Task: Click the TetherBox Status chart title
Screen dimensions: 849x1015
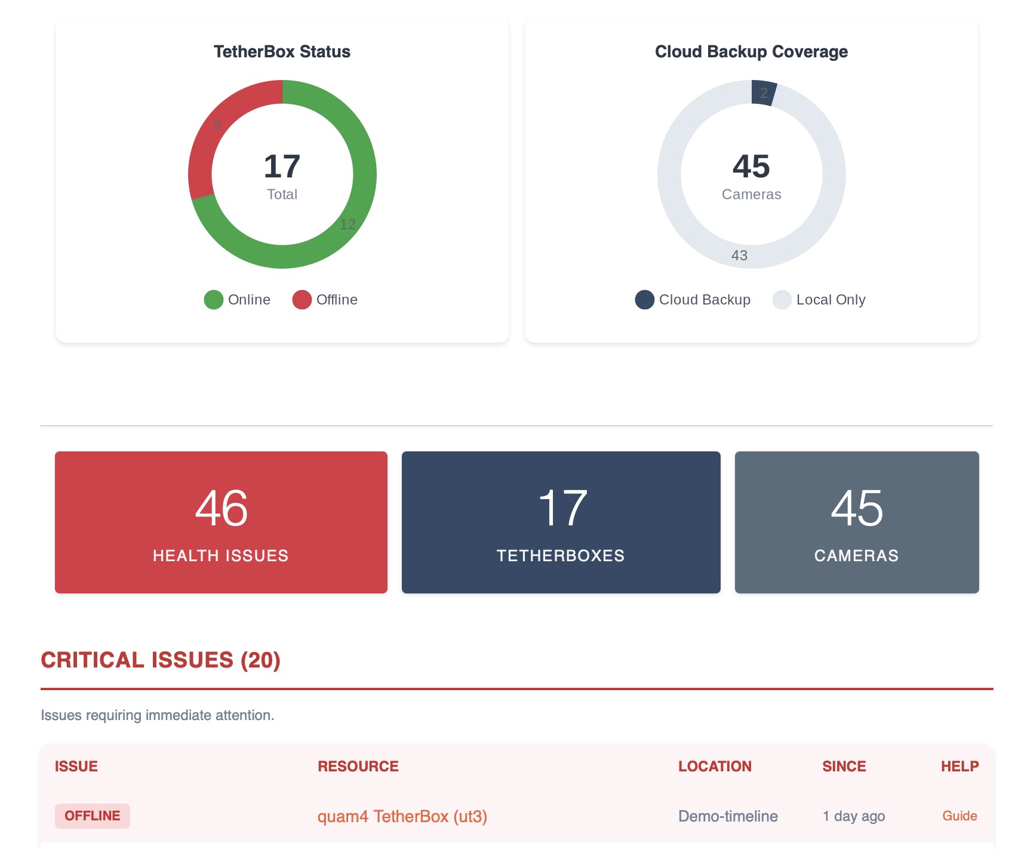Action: (282, 52)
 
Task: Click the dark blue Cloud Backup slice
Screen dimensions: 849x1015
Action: (763, 93)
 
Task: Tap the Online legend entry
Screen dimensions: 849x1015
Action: (238, 300)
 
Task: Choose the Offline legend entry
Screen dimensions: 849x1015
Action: (325, 300)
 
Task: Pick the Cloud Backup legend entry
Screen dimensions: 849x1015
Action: (693, 300)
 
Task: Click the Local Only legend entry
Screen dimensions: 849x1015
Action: (819, 300)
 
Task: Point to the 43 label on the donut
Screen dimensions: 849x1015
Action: (739, 256)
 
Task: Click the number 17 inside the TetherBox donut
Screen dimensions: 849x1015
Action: (282, 167)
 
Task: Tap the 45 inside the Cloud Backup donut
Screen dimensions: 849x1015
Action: (751, 167)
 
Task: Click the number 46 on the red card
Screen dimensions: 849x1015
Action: (221, 509)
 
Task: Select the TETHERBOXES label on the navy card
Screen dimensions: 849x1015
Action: (561, 556)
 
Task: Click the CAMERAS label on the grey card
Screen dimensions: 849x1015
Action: (856, 556)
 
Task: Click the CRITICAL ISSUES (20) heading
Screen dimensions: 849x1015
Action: (161, 660)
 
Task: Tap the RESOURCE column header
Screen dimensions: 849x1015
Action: (358, 767)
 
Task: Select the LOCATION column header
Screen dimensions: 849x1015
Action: (715, 767)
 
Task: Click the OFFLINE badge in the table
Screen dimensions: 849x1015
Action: (93, 816)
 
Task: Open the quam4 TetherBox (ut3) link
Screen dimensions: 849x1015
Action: (402, 817)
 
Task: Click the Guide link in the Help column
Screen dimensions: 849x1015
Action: (959, 816)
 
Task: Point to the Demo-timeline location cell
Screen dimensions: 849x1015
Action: (728, 817)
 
